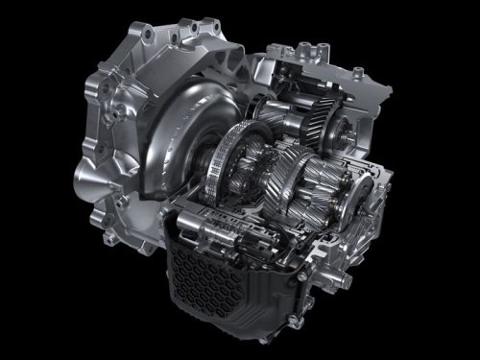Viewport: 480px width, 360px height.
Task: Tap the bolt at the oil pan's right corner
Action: (x=305, y=276)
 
